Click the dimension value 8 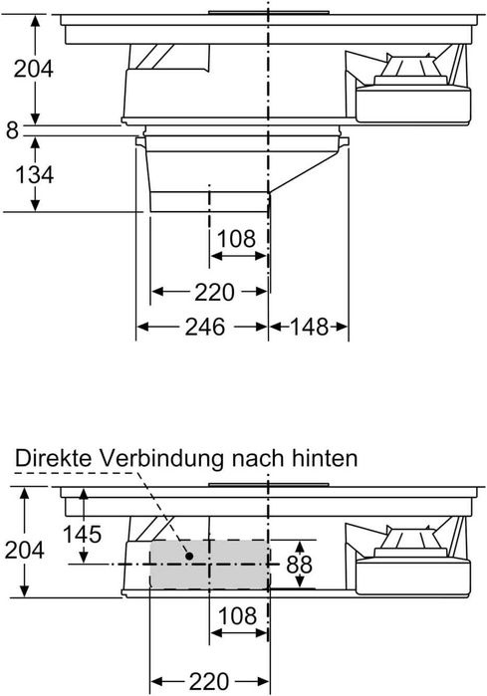coord(11,128)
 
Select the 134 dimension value coord(35,174)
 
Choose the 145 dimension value coord(82,534)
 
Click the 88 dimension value coord(299,565)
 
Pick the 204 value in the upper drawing coord(33,69)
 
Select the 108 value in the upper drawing coord(236,239)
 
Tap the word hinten coord(324,458)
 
